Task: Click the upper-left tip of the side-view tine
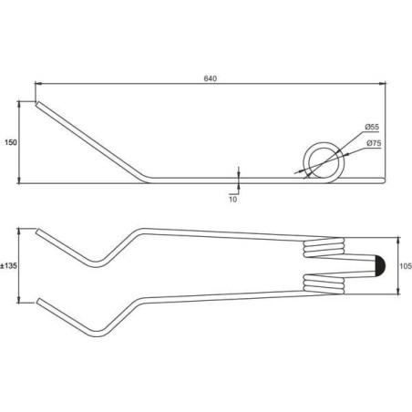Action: click(37, 104)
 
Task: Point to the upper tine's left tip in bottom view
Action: click(37, 232)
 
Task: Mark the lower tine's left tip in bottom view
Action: click(37, 300)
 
